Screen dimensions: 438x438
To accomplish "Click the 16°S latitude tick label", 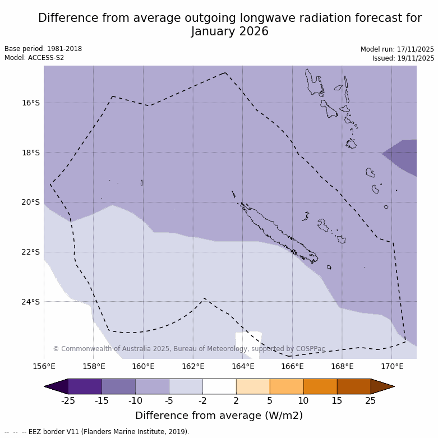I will tap(31, 103).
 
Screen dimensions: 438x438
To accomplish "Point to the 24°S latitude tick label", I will tap(31, 302).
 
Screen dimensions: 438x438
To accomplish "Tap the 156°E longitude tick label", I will tap(44, 367).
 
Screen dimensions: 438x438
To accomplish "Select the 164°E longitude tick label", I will tap(243, 367).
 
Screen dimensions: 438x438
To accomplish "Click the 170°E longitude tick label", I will tap(392, 367).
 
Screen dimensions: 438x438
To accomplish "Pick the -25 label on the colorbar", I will tap(68, 400).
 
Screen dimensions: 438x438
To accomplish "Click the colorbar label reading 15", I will tap(337, 400).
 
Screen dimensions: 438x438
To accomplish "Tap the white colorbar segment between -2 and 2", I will tap(219, 386).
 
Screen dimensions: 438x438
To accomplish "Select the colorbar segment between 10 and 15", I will tap(320, 386).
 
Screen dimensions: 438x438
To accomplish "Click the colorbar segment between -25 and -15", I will tap(85, 386).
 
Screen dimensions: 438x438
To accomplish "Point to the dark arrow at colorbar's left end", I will tap(56, 386).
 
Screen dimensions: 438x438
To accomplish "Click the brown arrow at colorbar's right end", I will tap(382, 386).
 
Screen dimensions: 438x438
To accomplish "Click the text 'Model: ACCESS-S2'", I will tap(34, 58).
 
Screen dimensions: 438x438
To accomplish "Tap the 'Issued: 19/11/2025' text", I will tap(403, 58).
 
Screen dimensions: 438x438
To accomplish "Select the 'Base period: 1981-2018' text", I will tap(43, 49).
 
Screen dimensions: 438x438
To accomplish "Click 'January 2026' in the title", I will tap(230, 31).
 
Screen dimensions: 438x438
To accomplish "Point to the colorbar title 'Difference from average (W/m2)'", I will tap(219, 416).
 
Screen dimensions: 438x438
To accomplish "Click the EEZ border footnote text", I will tap(97, 432).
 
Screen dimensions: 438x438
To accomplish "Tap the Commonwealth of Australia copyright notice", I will tap(189, 349).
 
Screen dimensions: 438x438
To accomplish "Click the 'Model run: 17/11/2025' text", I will tap(397, 49).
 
